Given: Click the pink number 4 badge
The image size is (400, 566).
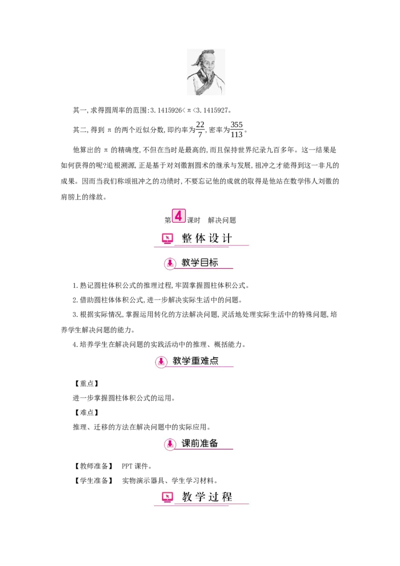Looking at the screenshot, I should pyautogui.click(x=178, y=216).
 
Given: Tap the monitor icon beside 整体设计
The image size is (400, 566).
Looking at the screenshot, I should pyautogui.click(x=167, y=238).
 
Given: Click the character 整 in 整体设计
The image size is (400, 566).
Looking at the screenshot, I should pyautogui.click(x=187, y=238).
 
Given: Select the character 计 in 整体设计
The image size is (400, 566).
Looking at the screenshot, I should pyautogui.click(x=227, y=238).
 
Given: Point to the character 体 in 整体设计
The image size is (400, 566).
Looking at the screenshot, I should pyautogui.click(x=200, y=238).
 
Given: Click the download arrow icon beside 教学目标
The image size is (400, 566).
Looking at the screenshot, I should pyautogui.click(x=170, y=262).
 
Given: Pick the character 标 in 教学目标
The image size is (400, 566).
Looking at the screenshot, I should pyautogui.click(x=213, y=262).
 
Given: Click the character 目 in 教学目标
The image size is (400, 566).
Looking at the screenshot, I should pyautogui.click(x=204, y=262).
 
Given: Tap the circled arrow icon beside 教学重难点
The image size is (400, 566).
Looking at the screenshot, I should pyautogui.click(x=161, y=361).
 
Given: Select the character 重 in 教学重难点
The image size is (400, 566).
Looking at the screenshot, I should pyautogui.click(x=195, y=360).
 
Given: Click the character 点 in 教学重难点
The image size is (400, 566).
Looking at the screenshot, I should pyautogui.click(x=214, y=360).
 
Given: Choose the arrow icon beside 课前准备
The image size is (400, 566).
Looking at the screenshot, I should pyautogui.click(x=170, y=443).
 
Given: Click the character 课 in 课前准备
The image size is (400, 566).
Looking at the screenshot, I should pyautogui.click(x=186, y=443).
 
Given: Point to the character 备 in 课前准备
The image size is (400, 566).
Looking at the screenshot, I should pyautogui.click(x=213, y=443).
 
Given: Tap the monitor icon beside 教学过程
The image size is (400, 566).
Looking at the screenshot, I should pyautogui.click(x=167, y=497).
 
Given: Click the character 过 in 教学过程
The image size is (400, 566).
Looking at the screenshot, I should pyautogui.click(x=213, y=497).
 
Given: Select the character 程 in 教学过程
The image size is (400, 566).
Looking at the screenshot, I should pyautogui.click(x=227, y=497).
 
